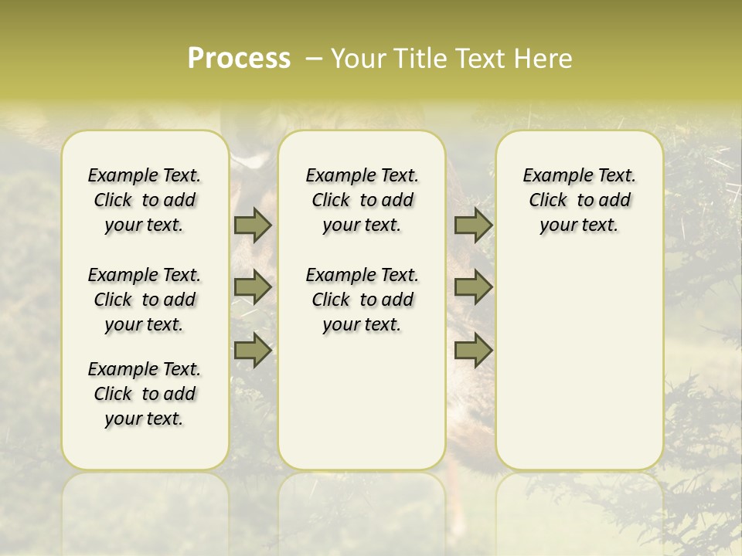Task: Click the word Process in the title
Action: (239, 58)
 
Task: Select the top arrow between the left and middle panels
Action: (253, 225)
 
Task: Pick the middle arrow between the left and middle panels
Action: (253, 287)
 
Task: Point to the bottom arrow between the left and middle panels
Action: (253, 351)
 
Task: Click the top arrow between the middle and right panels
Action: (473, 225)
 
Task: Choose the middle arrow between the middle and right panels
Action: (473, 287)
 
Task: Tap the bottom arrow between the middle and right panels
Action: (473, 351)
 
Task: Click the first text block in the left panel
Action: (145, 200)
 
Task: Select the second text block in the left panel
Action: (145, 300)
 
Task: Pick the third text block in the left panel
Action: (145, 394)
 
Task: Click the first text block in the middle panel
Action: (362, 200)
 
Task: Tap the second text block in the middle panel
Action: (362, 300)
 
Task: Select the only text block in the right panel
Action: (580, 200)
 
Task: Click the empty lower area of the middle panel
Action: (362, 402)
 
